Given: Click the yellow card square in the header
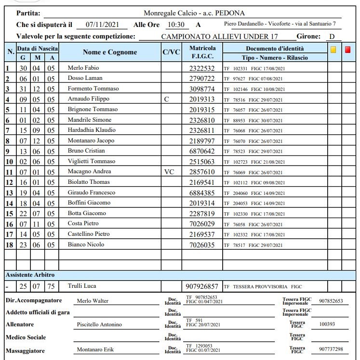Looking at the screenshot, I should pyautogui.click(x=333, y=50).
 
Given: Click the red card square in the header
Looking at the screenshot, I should pyautogui.click(x=348, y=50).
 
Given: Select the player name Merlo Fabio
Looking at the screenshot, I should pyautogui.click(x=83, y=68).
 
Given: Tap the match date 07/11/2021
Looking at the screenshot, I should pyautogui.click(x=103, y=24).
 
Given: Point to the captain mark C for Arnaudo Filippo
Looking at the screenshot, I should pyautogui.click(x=167, y=99).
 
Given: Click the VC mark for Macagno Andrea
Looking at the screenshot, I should pyautogui.click(x=169, y=172).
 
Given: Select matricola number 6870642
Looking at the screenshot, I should pyautogui.click(x=202, y=151).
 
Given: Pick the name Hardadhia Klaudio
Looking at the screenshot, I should pyautogui.click(x=92, y=130).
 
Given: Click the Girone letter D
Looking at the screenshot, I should pyautogui.click(x=332, y=36).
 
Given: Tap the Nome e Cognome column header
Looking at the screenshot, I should pyautogui.click(x=110, y=52).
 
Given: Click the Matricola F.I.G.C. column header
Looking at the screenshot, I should pyautogui.click(x=202, y=52).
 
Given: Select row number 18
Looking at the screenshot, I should pyautogui.click(x=9, y=245).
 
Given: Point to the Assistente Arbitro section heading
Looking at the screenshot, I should pyautogui.click(x=30, y=275).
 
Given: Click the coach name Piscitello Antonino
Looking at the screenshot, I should pyautogui.click(x=99, y=324).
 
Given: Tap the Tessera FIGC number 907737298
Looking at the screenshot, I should pyautogui.click(x=331, y=349).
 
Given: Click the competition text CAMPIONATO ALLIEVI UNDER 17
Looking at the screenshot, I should pyautogui.click(x=216, y=37).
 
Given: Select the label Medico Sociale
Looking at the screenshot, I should pyautogui.click(x=26, y=337).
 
